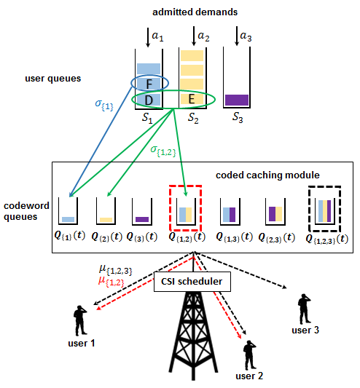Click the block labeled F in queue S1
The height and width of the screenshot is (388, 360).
tap(149, 84)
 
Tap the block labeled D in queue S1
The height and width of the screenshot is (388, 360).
tap(149, 100)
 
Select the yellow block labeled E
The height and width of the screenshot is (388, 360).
tap(192, 99)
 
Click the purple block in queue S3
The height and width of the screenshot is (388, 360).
tap(237, 100)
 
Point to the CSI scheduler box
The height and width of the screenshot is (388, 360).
tap(192, 282)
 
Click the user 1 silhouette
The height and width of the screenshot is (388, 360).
tap(80, 320)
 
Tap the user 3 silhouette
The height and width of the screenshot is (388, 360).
tap(305, 309)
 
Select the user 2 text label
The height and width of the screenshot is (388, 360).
tap(249, 376)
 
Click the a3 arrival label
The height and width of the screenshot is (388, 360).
tap(246, 36)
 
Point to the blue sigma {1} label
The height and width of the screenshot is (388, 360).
tap(104, 105)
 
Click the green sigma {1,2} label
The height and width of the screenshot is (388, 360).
tap(163, 151)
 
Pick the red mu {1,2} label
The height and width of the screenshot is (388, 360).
tap(111, 281)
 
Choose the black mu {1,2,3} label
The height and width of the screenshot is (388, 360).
tap(115, 270)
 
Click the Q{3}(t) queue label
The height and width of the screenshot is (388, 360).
tap(142, 237)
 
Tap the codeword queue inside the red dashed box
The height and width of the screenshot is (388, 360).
tap(186, 211)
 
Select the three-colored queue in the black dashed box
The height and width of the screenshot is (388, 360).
tap(325, 211)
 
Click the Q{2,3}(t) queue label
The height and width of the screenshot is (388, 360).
tap(276, 237)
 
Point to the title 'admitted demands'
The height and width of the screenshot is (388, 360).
tap(195, 12)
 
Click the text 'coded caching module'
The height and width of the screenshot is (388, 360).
tap(267, 175)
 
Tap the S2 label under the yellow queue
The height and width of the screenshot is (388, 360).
tap(193, 118)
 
